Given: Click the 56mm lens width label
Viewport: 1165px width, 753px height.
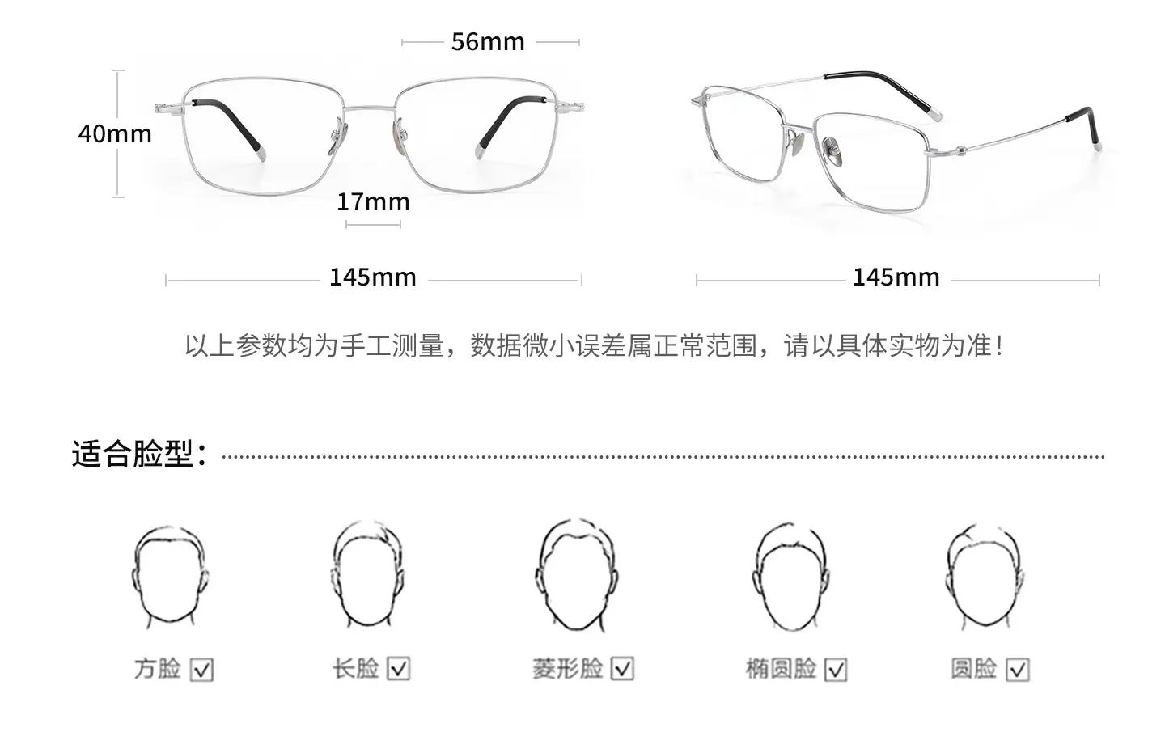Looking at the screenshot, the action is coord(488,41).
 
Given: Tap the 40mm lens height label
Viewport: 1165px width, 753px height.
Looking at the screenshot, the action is coord(115,133).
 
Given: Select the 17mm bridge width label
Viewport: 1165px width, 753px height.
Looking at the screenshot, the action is coord(374,201).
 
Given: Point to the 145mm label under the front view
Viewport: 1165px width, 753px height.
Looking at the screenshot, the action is coord(373,277).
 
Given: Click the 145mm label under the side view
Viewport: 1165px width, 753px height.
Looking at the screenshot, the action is coord(896,277).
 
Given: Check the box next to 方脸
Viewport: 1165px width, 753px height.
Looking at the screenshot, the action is coord(201,669).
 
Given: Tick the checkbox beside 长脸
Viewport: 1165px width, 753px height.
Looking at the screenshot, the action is coord(399,669).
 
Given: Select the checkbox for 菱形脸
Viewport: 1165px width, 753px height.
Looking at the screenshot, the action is coord(622,669).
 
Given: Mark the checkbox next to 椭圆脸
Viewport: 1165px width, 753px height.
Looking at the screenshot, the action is coord(836,669).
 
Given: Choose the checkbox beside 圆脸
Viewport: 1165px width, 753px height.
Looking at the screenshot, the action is coord(1018,669).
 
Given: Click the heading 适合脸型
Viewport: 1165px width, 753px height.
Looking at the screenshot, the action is coord(139,454).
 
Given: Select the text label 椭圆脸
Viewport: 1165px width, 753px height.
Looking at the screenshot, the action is coord(782,669).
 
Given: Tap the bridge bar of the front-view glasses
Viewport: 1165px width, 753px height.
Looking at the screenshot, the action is coord(370,108).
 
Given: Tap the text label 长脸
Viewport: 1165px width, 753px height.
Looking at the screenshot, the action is coord(356,669).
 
